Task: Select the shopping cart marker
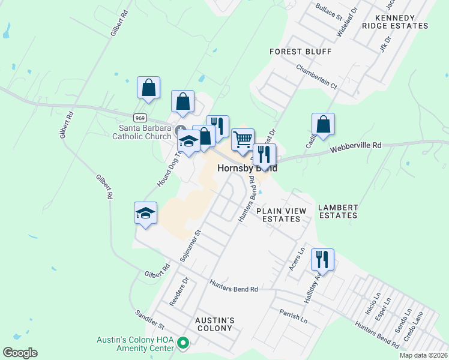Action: point(243,140)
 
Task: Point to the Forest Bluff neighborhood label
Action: point(300,52)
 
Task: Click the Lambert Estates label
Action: point(338,211)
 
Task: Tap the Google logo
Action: point(20,353)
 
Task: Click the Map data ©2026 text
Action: point(423,355)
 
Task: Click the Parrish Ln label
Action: point(293,316)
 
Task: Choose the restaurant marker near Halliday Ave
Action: point(322,260)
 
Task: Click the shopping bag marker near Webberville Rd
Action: point(323,125)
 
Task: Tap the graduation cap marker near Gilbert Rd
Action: point(145,213)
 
